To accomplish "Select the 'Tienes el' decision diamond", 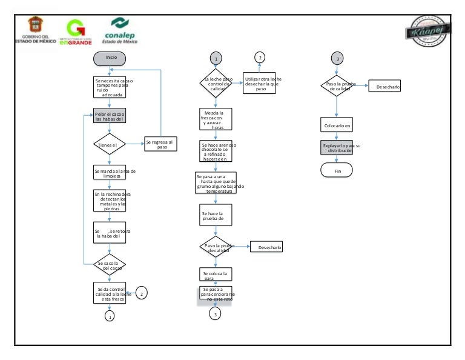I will (110, 145).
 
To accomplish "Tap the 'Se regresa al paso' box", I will (160, 144).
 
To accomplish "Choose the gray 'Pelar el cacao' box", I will (110, 116).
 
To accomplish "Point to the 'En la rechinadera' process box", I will (110, 201).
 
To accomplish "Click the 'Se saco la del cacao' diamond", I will (110, 264).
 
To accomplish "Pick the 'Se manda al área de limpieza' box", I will (110, 172).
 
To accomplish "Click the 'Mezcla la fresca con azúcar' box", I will (216, 119).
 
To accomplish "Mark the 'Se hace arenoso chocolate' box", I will (216, 152).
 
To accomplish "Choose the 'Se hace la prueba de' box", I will (216, 214).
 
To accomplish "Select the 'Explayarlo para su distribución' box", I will (337, 148).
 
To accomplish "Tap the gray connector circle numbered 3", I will (337, 58).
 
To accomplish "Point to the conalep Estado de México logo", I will (120, 31).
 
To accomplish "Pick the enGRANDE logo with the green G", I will (76, 32).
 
